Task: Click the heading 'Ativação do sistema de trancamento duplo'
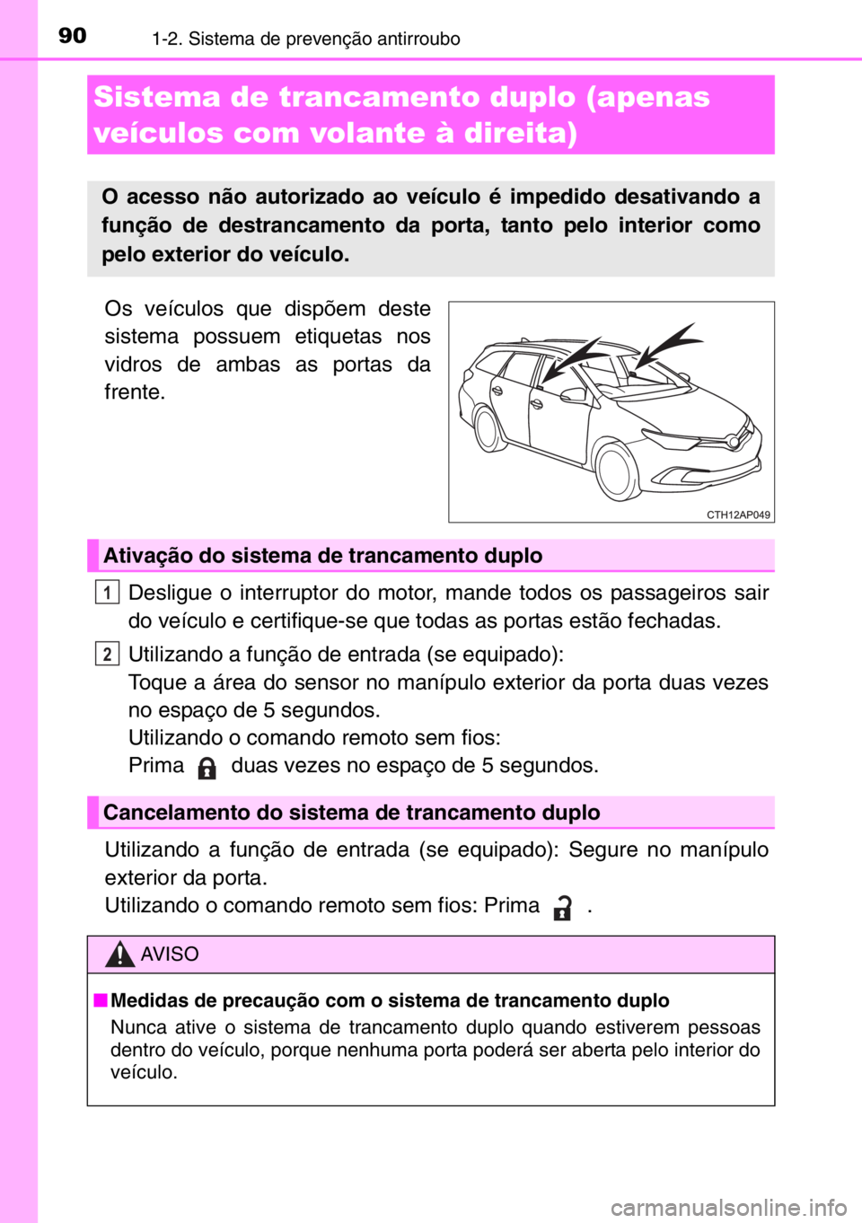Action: pos(322,556)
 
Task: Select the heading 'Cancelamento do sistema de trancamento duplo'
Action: pos(351,813)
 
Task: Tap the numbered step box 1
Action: pos(107,593)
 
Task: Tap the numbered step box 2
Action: pos(107,654)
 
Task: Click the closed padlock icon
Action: pos(207,769)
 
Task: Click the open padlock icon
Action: pos(562,908)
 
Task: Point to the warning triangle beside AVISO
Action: pos(119,954)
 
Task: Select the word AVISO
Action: pos(170,954)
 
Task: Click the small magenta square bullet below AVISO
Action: pos(101,1000)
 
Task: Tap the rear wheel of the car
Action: pos(489,429)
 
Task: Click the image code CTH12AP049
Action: pos(737,515)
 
